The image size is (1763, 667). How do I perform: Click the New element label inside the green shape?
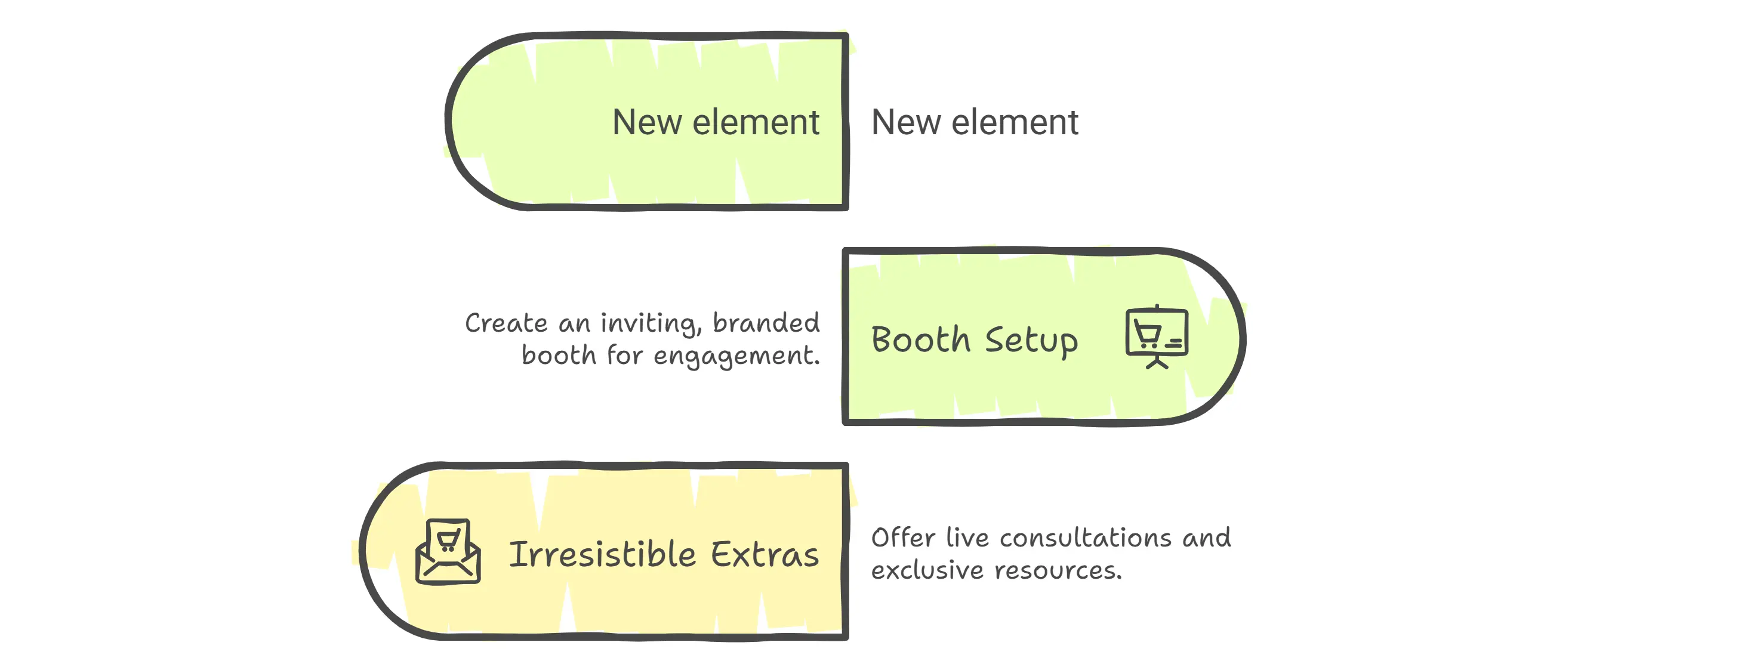coord(715,122)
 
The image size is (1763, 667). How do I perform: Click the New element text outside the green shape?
coord(974,122)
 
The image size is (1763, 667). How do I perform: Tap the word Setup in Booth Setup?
coord(1031,340)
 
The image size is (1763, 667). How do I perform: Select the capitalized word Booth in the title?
coord(920,340)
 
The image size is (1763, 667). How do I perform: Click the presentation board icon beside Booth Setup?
coord(1157,335)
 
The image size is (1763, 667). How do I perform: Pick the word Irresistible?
coord(602,554)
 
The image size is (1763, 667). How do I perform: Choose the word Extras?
coord(765,554)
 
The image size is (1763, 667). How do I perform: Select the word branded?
coord(766,323)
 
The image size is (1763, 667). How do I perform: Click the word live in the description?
coord(967,538)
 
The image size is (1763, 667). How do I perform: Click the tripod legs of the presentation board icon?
coord(1157,363)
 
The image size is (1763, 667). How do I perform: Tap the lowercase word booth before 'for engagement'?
coord(559,356)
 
